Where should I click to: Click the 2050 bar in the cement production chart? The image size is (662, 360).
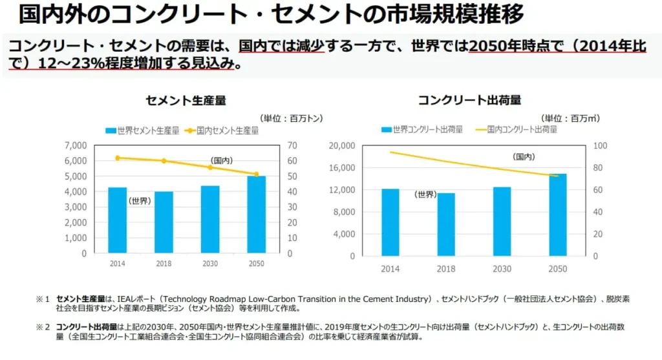256,214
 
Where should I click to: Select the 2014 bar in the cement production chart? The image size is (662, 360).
117,220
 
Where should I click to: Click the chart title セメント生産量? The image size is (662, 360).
186,100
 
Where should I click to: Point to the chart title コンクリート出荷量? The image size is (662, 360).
469,100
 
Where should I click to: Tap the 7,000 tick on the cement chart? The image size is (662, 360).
76,145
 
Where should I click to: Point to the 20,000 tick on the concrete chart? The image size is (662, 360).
341,145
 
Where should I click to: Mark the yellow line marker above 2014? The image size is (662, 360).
118,158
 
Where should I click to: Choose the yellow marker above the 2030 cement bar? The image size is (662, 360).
209,167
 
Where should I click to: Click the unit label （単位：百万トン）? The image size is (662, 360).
291,118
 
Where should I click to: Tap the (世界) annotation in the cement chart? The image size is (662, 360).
140,201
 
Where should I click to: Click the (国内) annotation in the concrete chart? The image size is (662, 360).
524,157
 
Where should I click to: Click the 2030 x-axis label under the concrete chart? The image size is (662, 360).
502,269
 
